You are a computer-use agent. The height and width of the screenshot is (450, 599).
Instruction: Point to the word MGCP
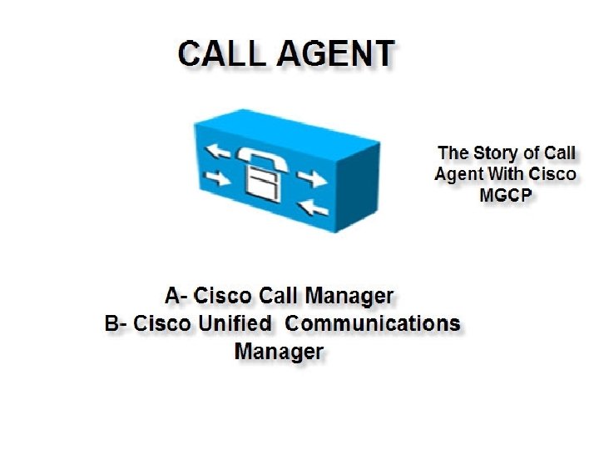pyautogui.click(x=506, y=194)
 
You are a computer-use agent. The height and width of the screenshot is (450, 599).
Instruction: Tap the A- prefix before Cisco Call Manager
pyautogui.click(x=176, y=296)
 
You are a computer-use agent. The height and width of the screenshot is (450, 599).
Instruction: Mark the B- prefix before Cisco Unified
pyautogui.click(x=116, y=323)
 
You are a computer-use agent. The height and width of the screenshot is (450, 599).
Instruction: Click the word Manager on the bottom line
pyautogui.click(x=278, y=351)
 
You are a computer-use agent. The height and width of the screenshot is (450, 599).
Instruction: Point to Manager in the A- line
pyautogui.click(x=349, y=296)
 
